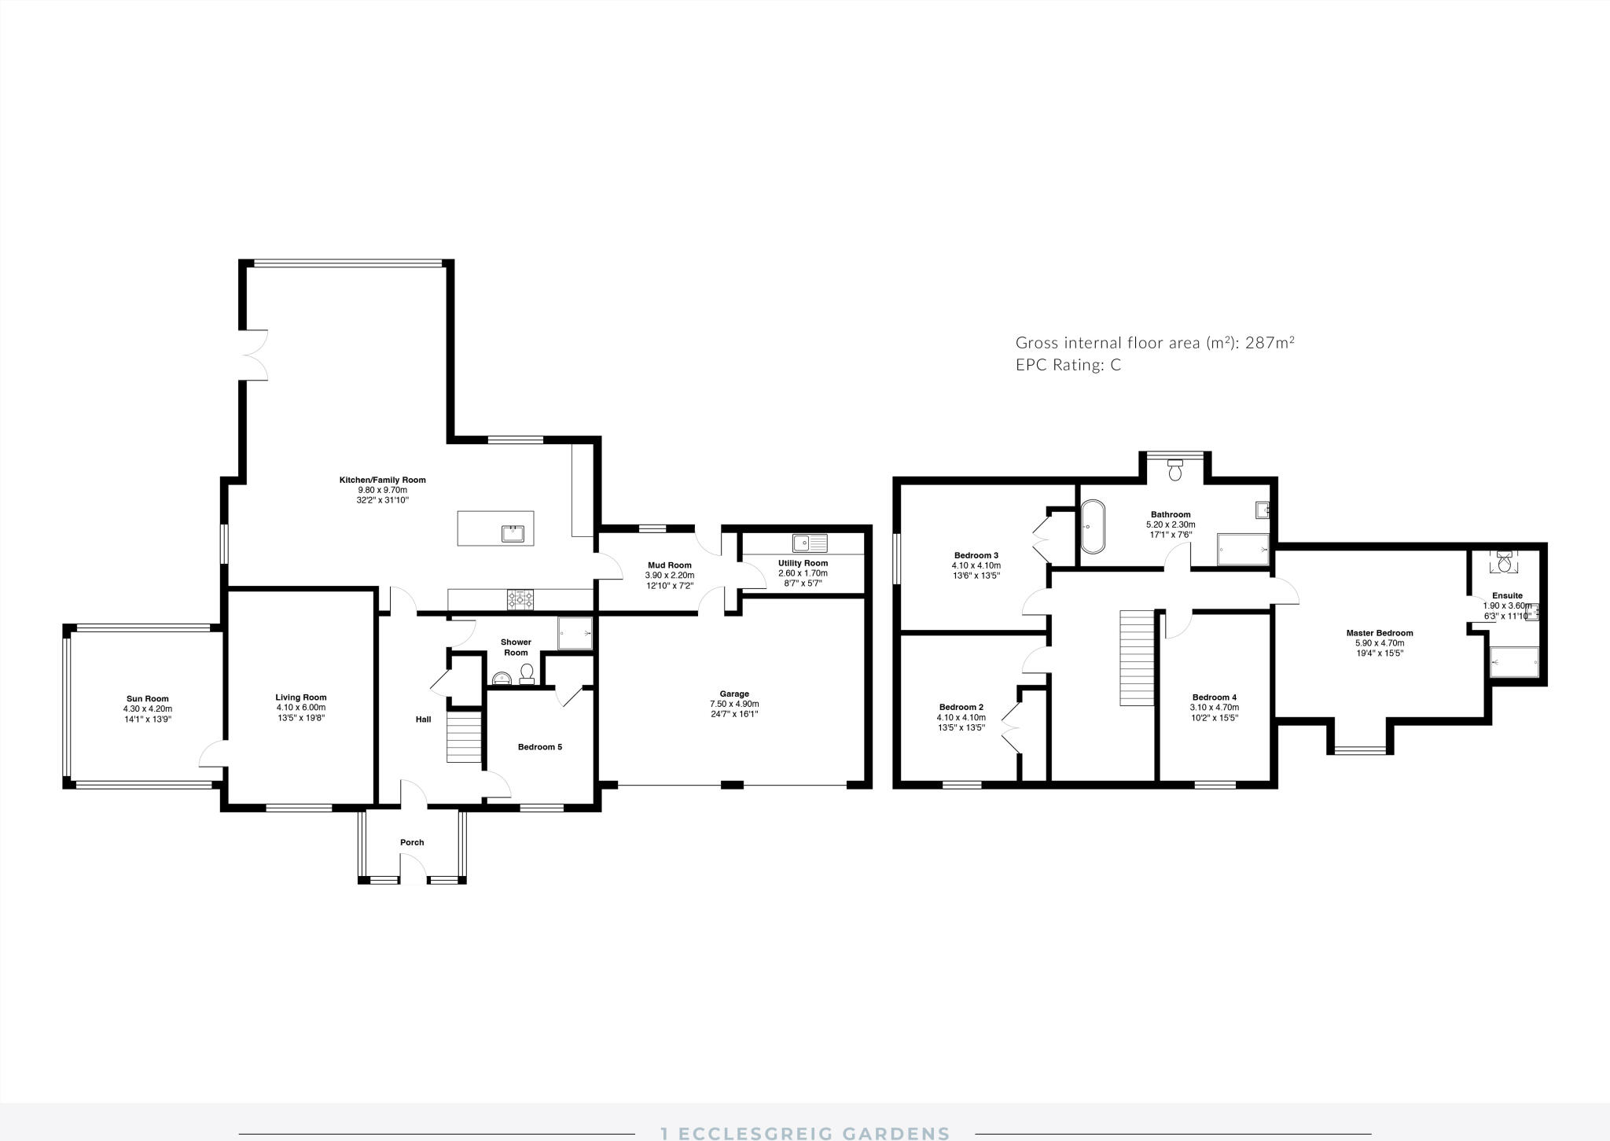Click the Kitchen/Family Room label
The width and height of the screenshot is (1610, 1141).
click(x=382, y=480)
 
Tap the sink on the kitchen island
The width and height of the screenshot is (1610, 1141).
click(x=513, y=534)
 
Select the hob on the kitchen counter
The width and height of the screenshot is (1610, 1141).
click(x=520, y=601)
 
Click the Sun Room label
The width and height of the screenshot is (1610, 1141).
click(x=147, y=698)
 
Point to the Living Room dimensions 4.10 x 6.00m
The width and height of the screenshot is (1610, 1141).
click(x=300, y=707)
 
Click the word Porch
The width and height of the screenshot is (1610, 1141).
click(x=412, y=842)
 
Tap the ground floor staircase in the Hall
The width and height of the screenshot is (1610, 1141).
click(x=464, y=737)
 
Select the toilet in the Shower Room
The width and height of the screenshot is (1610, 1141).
click(x=527, y=673)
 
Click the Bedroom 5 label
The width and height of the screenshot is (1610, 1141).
click(x=539, y=747)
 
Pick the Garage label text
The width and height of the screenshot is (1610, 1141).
click(x=734, y=694)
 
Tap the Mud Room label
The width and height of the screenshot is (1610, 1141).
click(x=669, y=565)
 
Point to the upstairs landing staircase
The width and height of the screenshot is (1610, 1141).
click(x=1135, y=658)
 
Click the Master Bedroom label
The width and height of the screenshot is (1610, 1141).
click(x=1379, y=633)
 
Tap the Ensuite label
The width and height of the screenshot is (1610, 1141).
click(x=1507, y=595)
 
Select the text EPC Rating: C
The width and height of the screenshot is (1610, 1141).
click(x=1068, y=365)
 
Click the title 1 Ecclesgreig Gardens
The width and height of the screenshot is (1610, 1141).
click(x=804, y=1133)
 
